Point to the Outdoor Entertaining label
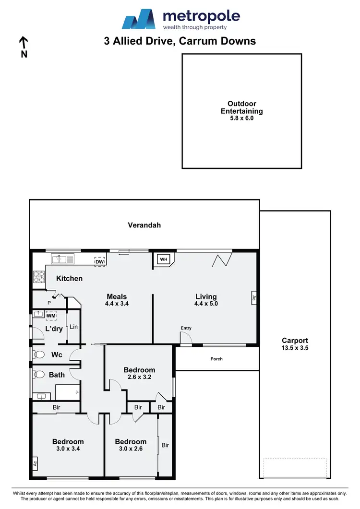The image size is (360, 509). (241, 107)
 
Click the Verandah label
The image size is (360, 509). (144, 225)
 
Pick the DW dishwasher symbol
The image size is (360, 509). (99, 260)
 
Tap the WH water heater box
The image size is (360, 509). (163, 260)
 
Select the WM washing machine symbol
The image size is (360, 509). (51, 316)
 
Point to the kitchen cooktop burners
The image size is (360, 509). (37, 277)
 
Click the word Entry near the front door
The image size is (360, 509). (186, 328)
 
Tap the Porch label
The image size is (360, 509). (216, 359)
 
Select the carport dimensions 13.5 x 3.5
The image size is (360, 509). (295, 348)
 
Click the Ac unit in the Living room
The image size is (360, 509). (254, 297)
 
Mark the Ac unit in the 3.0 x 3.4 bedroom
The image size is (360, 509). (35, 464)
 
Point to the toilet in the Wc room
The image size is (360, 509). (38, 355)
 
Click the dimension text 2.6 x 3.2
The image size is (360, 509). (139, 377)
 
